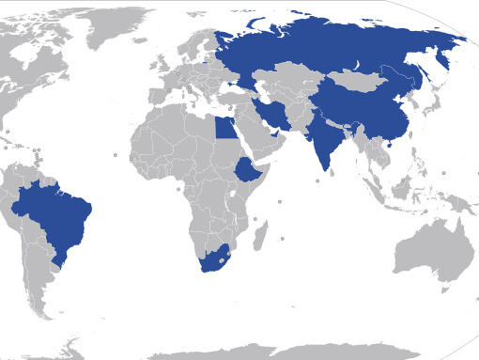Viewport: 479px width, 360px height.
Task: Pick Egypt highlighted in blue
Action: click(228, 125)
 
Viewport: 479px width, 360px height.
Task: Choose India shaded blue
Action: click(324, 141)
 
